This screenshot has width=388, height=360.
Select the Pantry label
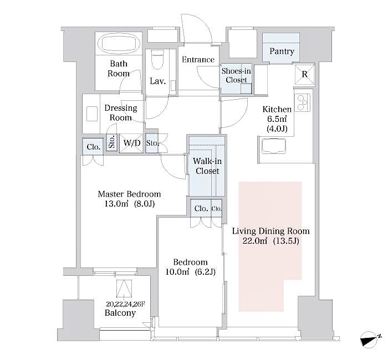click(282, 52)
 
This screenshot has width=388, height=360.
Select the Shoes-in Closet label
click(236, 75)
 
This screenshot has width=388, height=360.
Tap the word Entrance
click(197, 60)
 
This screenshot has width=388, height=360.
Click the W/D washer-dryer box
click(131, 143)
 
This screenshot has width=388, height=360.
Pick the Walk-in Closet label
click(206, 166)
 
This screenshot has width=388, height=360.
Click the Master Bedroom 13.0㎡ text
click(129, 199)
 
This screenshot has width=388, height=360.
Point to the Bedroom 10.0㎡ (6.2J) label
click(190, 267)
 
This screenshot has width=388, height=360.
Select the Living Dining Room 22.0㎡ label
click(270, 236)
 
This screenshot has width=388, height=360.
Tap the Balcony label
click(120, 313)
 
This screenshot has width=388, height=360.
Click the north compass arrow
click(370, 339)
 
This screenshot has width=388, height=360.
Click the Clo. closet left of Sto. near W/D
click(93, 147)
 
